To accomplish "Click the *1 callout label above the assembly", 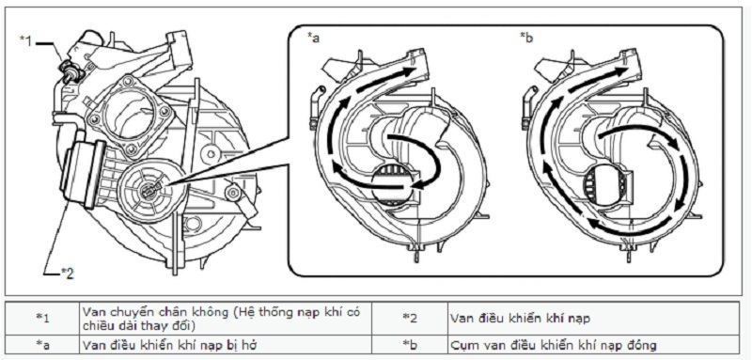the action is (x=26, y=40).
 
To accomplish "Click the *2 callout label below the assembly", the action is (x=67, y=273).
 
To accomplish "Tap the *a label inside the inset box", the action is (x=313, y=39).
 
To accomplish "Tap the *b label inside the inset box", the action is (x=526, y=39).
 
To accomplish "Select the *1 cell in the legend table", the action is (x=42, y=318).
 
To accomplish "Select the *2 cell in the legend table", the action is (x=410, y=318).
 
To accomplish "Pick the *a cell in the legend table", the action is (x=42, y=345).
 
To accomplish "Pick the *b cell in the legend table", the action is (x=410, y=345).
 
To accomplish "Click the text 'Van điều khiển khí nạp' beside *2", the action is (x=521, y=318).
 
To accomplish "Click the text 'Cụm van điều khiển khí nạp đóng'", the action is (x=554, y=345).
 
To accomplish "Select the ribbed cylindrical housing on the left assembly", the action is (x=82, y=173).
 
